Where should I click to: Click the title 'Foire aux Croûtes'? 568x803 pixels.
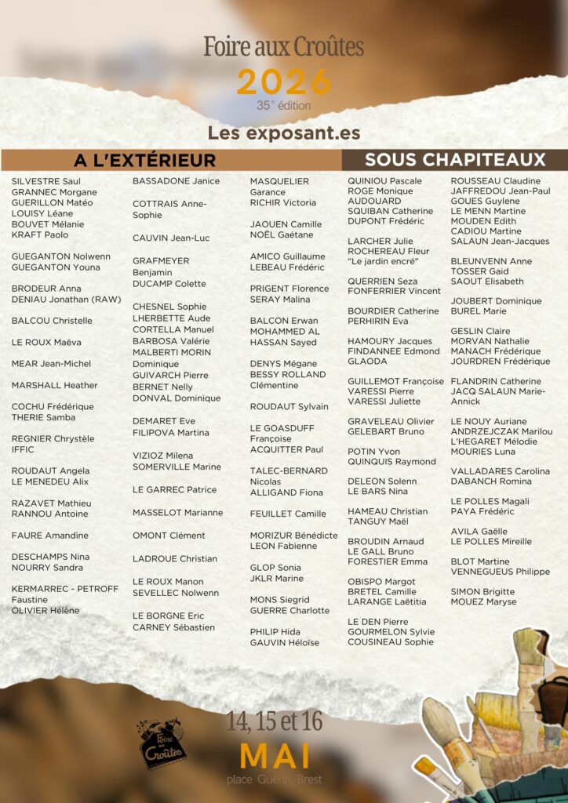click(x=283, y=47)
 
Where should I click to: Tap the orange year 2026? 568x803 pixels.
click(x=283, y=82)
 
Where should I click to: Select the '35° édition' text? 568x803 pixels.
click(x=283, y=105)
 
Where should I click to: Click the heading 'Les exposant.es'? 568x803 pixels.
click(x=283, y=133)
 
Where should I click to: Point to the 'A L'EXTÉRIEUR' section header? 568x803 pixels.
click(x=144, y=160)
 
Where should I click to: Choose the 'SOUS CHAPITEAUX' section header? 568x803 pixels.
click(x=455, y=160)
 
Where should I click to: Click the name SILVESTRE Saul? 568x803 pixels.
click(x=46, y=181)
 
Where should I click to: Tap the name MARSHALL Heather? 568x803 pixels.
click(x=54, y=385)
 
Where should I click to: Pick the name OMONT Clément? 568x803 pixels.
click(x=169, y=536)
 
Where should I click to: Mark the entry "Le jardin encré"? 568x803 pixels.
click(x=383, y=261)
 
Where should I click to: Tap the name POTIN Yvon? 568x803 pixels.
click(x=373, y=452)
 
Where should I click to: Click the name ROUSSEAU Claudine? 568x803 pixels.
click(x=495, y=181)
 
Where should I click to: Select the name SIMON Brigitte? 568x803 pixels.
click(x=482, y=591)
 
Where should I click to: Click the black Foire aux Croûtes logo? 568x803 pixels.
click(x=162, y=744)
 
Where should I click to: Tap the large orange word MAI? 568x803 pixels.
click(x=275, y=756)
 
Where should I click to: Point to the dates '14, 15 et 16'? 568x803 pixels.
click(x=274, y=721)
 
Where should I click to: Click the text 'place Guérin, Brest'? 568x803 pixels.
click(x=274, y=779)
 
